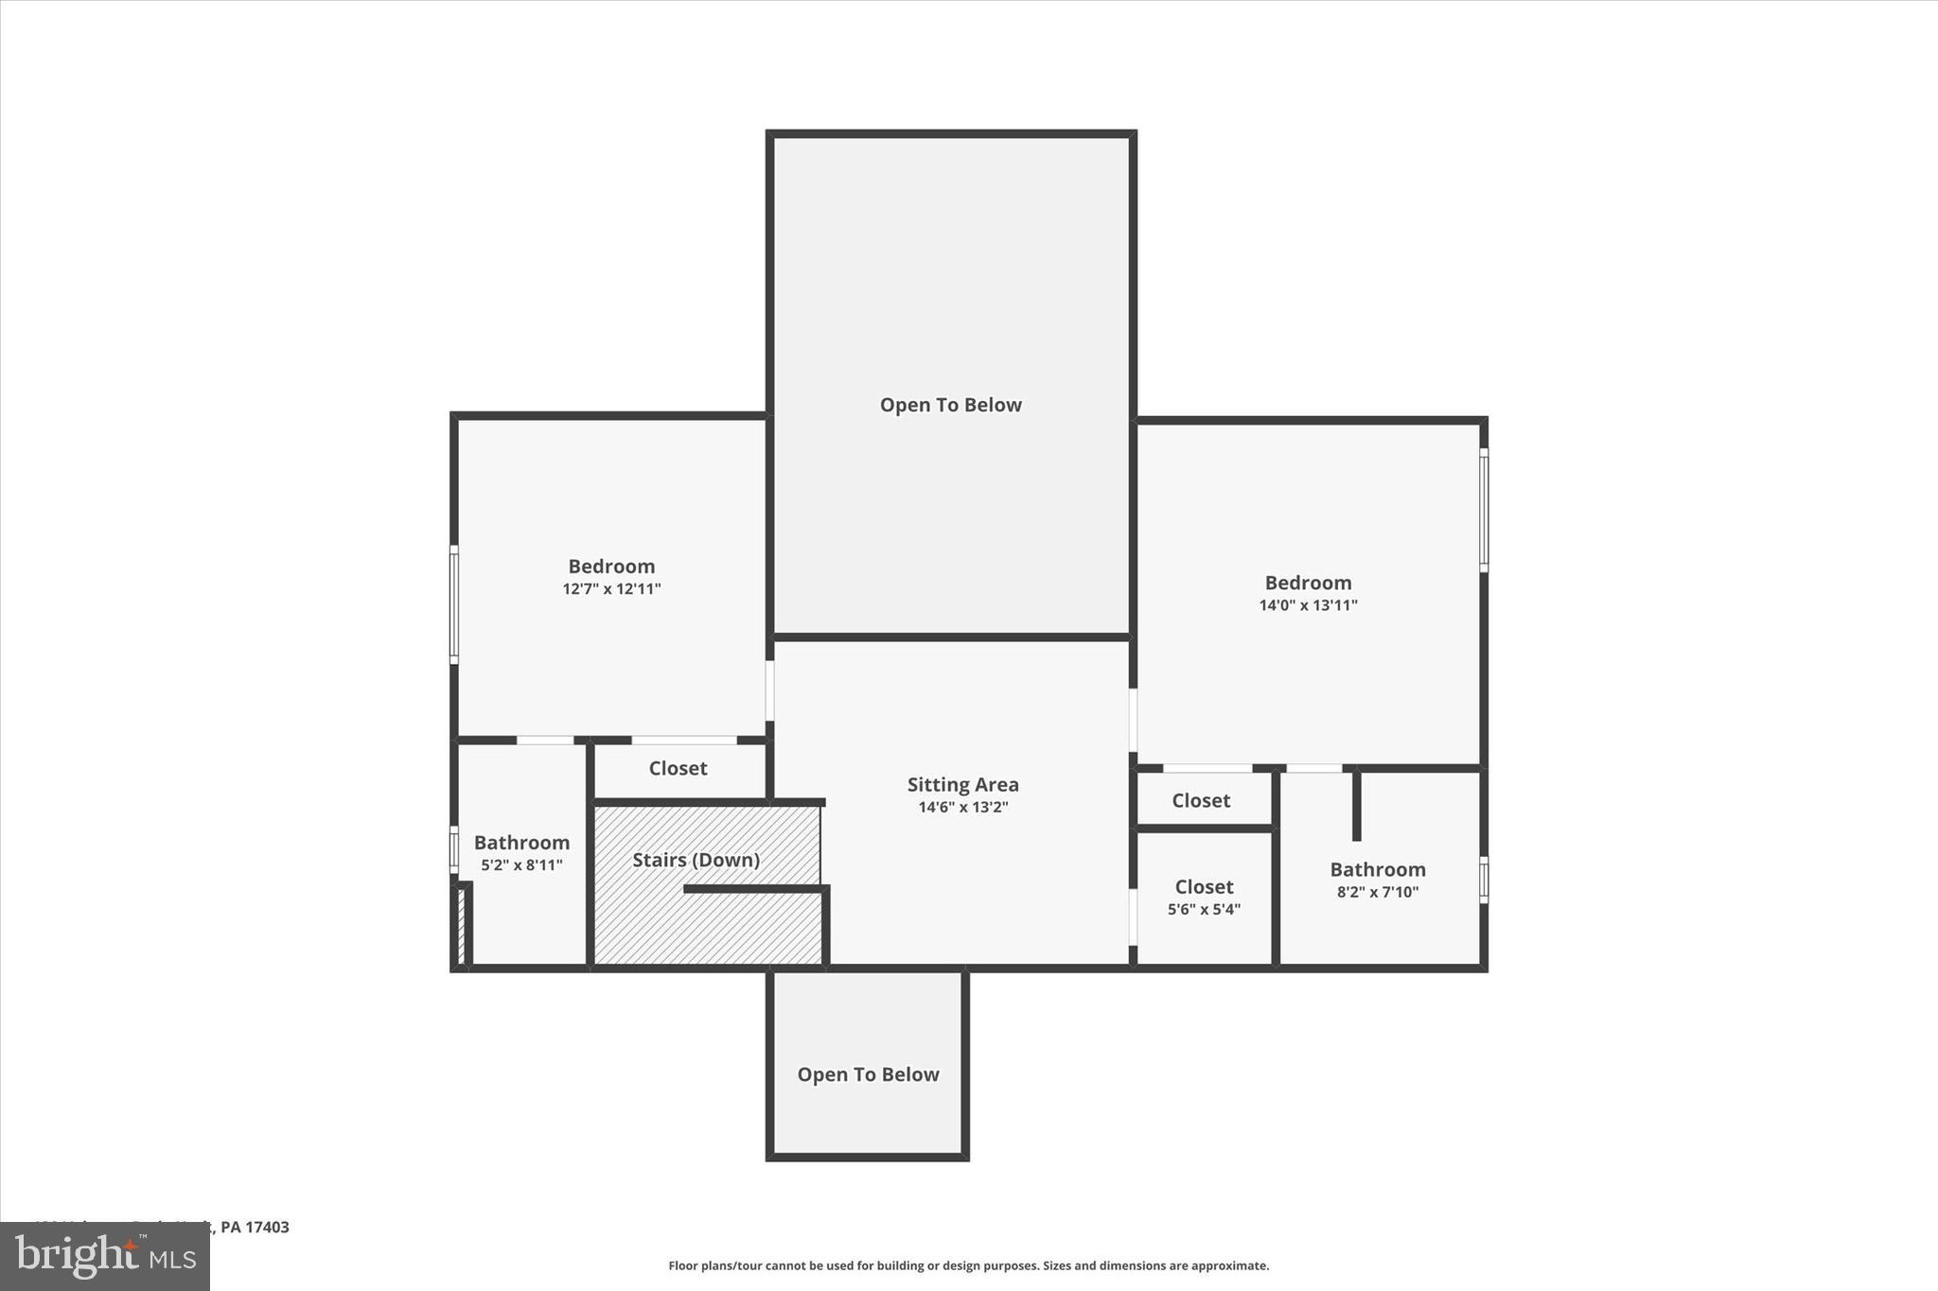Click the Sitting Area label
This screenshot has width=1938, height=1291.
[x=962, y=784]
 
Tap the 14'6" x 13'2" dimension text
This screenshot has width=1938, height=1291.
[x=962, y=807]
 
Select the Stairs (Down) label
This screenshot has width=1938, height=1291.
[x=696, y=860]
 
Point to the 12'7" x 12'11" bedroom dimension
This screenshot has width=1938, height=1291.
[x=611, y=588]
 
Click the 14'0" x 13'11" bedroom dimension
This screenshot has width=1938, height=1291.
[x=1308, y=605]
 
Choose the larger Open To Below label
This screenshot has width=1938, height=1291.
[x=950, y=405]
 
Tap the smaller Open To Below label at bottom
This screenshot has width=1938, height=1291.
[x=868, y=1074]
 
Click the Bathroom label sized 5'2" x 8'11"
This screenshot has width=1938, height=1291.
[x=521, y=843]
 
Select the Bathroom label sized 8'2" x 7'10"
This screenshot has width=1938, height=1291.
[x=1377, y=869]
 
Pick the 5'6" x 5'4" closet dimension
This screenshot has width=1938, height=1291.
[x=1204, y=909]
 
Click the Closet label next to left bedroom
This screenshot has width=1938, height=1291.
[x=678, y=768]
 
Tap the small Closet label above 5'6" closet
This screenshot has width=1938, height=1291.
[x=1201, y=800]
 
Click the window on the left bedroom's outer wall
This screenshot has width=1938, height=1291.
[x=454, y=604]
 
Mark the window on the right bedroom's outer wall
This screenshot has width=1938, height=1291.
[x=1484, y=510]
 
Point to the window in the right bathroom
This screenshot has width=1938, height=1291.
[x=1484, y=880]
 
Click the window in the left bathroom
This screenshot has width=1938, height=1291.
[x=454, y=848]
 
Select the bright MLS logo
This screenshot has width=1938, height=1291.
[x=105, y=1256]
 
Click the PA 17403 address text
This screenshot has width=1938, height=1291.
[x=254, y=1227]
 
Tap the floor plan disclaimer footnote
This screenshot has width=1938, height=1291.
[x=968, y=1265]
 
